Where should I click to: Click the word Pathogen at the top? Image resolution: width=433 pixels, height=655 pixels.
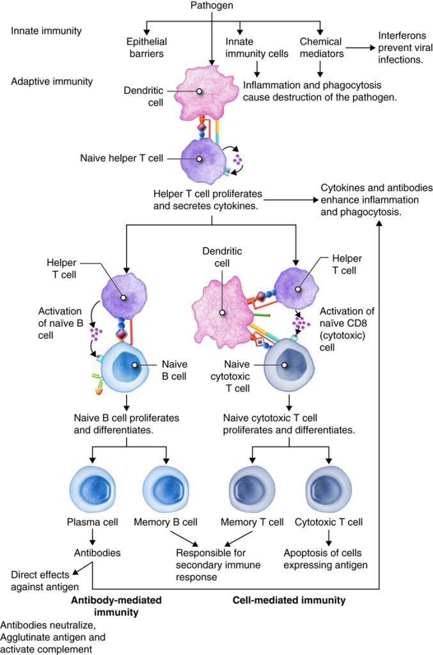[x=211, y=6]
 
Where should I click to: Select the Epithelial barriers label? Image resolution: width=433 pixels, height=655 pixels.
[x=146, y=47]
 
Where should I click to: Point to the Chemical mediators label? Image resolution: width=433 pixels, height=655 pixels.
[x=321, y=47]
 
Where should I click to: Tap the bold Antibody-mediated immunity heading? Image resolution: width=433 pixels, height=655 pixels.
[x=116, y=606]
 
